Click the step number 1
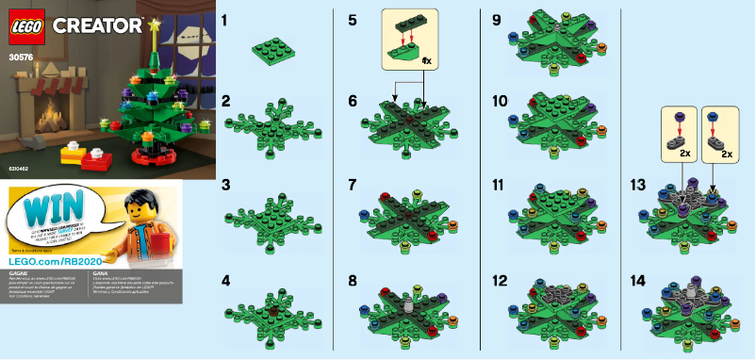224,19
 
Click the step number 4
225,280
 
